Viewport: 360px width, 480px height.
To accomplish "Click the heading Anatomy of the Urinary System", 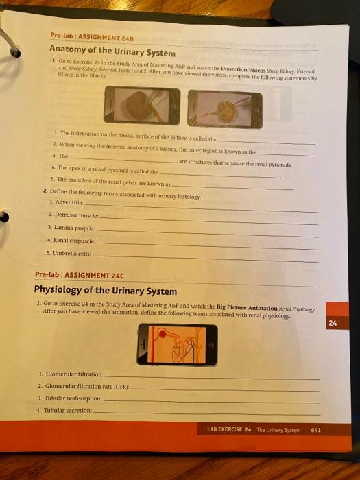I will (x=112, y=51).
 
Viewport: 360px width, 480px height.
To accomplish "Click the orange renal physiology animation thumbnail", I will (x=177, y=345).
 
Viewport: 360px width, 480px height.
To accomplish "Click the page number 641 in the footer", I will (x=315, y=430).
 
